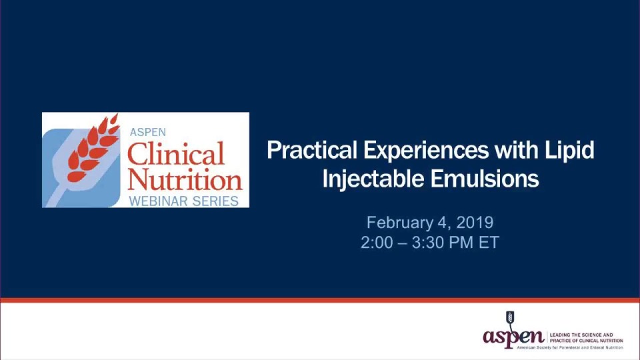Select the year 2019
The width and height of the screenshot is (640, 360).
tap(475, 222)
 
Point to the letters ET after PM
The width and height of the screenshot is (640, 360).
tap(489, 243)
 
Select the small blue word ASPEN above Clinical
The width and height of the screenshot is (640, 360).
tap(147, 132)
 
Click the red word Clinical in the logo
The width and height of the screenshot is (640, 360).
tap(175, 155)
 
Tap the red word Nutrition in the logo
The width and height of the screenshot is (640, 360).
tap(184, 179)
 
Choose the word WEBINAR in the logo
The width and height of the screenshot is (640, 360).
tap(157, 200)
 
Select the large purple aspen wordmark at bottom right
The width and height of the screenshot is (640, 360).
tap(513, 336)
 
